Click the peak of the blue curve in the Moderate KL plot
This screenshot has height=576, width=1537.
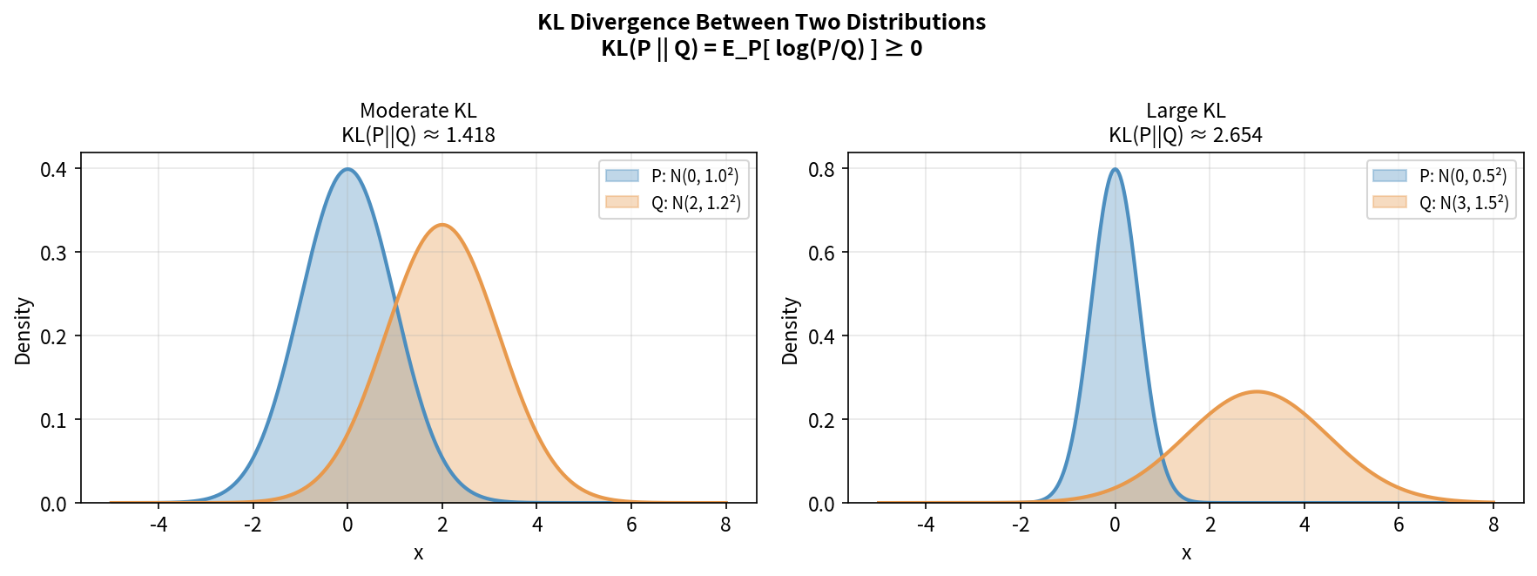point(347,169)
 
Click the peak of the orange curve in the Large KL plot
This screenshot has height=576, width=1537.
point(1257,391)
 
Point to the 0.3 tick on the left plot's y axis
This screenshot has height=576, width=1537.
point(53,253)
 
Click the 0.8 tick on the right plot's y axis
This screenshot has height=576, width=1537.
point(821,169)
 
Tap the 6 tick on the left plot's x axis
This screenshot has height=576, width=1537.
point(631,525)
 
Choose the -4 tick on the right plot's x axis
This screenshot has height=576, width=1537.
point(926,525)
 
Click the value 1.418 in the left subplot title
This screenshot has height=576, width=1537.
point(470,135)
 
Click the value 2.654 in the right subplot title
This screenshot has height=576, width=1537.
point(1237,135)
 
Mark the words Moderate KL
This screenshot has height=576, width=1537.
point(418,111)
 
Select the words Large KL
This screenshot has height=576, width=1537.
point(1185,111)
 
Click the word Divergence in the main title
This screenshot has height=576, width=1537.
point(626,22)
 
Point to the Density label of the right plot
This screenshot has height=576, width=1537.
point(790,331)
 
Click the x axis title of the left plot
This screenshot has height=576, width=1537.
point(418,553)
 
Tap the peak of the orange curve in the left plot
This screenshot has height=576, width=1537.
point(442,225)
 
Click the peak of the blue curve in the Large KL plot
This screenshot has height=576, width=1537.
point(1115,169)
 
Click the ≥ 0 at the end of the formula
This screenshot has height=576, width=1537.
point(904,48)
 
